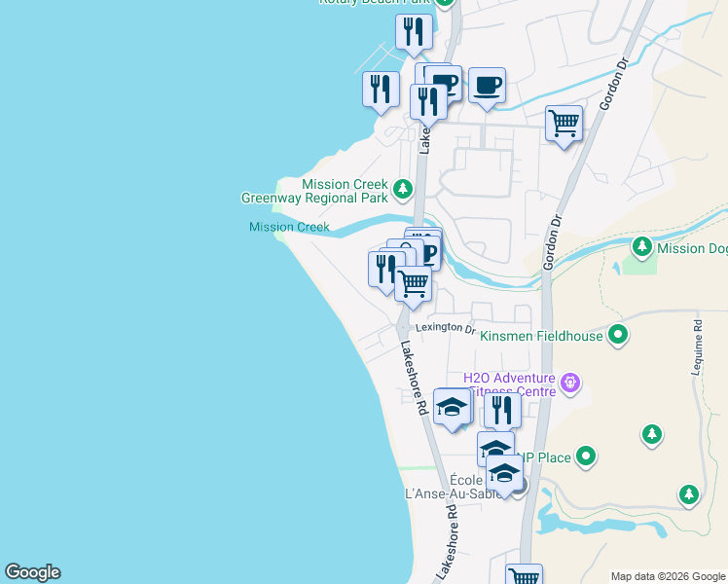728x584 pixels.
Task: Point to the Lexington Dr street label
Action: coord(443,328)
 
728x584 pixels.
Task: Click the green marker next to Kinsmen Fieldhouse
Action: coord(617,336)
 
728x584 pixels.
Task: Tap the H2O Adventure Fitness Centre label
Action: coord(508,384)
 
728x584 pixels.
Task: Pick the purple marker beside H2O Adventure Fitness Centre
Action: coord(571,383)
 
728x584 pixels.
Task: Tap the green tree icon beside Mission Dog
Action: coord(641,247)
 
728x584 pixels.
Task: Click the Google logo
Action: coord(32,572)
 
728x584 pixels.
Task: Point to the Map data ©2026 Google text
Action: coord(668,576)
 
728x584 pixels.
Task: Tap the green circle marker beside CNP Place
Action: coord(585,456)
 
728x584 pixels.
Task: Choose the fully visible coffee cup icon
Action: coord(487,86)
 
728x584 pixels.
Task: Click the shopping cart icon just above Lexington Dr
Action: coord(415,284)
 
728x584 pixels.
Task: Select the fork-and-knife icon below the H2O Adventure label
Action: coord(501,409)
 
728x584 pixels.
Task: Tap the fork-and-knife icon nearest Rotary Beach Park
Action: coord(415,31)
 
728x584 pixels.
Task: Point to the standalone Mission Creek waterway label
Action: coord(289,228)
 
